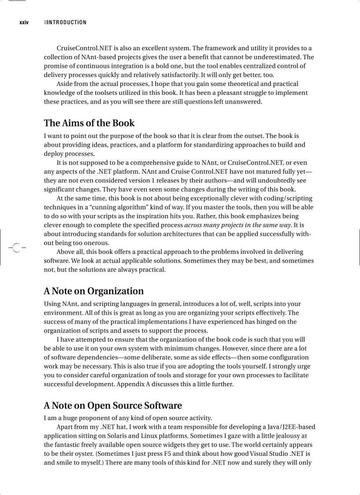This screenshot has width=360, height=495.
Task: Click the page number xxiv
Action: pyautogui.click(x=24, y=22)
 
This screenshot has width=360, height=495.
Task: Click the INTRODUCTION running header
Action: pyautogui.click(x=67, y=22)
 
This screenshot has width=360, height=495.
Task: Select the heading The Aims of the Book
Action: pyautogui.click(x=89, y=123)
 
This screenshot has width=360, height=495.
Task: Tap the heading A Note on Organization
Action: pyautogui.click(x=94, y=291)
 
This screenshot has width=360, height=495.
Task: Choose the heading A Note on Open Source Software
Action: pyautogui.click(x=112, y=406)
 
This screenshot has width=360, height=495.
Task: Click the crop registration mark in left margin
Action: pyautogui.click(x=16, y=248)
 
